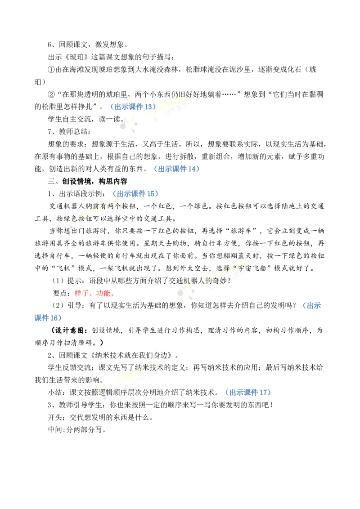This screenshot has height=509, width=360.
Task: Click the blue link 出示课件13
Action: pos(133,107)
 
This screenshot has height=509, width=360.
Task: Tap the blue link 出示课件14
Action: pos(177,169)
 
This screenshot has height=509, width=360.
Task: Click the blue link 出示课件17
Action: pos(248,393)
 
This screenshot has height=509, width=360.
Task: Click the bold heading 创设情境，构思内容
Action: pos(94,181)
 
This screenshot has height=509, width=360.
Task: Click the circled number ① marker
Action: pos(51,69)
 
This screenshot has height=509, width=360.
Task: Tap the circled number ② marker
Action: pos(51,94)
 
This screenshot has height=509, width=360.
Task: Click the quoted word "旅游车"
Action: pos(241,231)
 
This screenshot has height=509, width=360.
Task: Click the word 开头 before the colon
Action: pos(55,417)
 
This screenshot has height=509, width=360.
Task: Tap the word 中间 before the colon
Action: pos(55,429)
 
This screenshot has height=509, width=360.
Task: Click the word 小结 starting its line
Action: pos(55,393)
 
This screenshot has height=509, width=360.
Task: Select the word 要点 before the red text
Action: pos(60,293)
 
